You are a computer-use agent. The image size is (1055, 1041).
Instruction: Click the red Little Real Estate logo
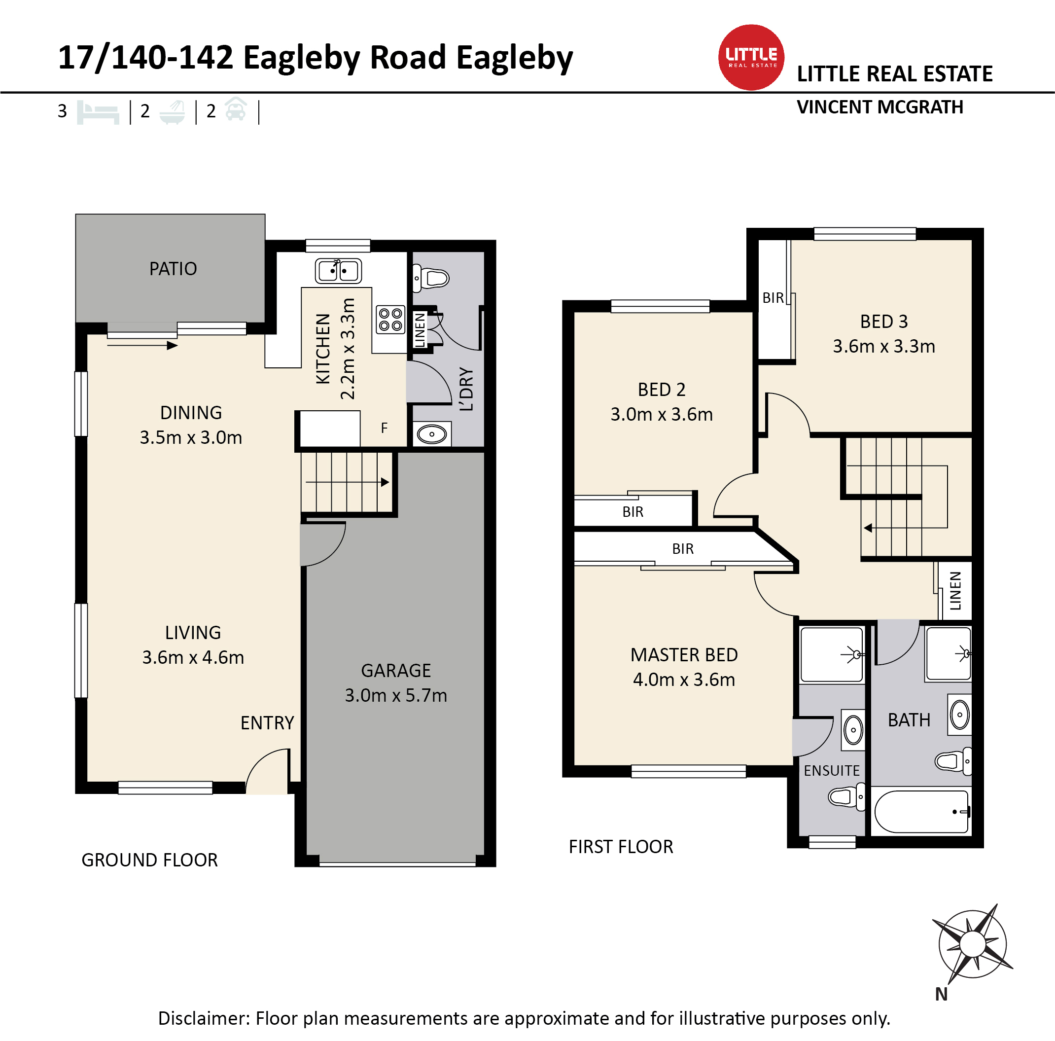751,57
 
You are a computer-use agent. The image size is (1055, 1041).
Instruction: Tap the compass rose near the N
973,944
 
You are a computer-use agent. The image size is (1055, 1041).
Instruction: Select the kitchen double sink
338,270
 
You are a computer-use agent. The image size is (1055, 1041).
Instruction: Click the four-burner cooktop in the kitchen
390,320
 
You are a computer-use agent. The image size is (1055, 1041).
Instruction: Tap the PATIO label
173,269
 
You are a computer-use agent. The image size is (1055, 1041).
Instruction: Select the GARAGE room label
396,670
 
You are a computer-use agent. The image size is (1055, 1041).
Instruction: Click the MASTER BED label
684,654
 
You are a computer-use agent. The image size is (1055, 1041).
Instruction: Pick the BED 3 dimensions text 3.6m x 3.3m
883,346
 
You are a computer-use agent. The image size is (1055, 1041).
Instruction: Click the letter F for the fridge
384,428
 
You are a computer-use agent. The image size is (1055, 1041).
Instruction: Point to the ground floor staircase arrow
347,482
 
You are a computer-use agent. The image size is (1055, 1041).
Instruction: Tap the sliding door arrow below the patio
142,345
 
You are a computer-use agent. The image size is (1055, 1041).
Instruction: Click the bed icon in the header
98,112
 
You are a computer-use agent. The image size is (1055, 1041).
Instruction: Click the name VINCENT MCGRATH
879,107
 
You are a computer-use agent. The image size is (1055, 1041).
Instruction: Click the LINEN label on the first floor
955,590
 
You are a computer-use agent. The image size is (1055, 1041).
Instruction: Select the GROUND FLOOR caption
149,860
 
